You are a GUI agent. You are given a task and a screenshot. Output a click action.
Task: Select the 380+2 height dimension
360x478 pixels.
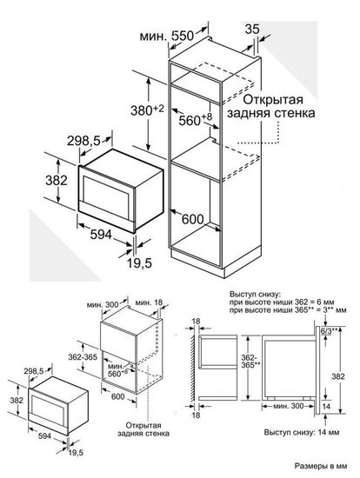125,110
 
